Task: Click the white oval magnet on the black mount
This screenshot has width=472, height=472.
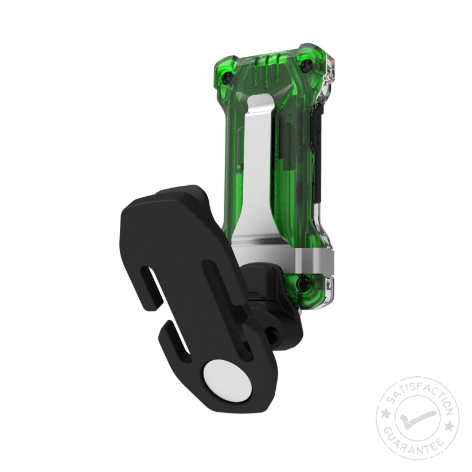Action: [228, 380]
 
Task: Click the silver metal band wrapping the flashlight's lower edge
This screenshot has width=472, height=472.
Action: [313, 262]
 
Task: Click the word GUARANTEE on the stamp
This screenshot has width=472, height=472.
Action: [418, 444]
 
